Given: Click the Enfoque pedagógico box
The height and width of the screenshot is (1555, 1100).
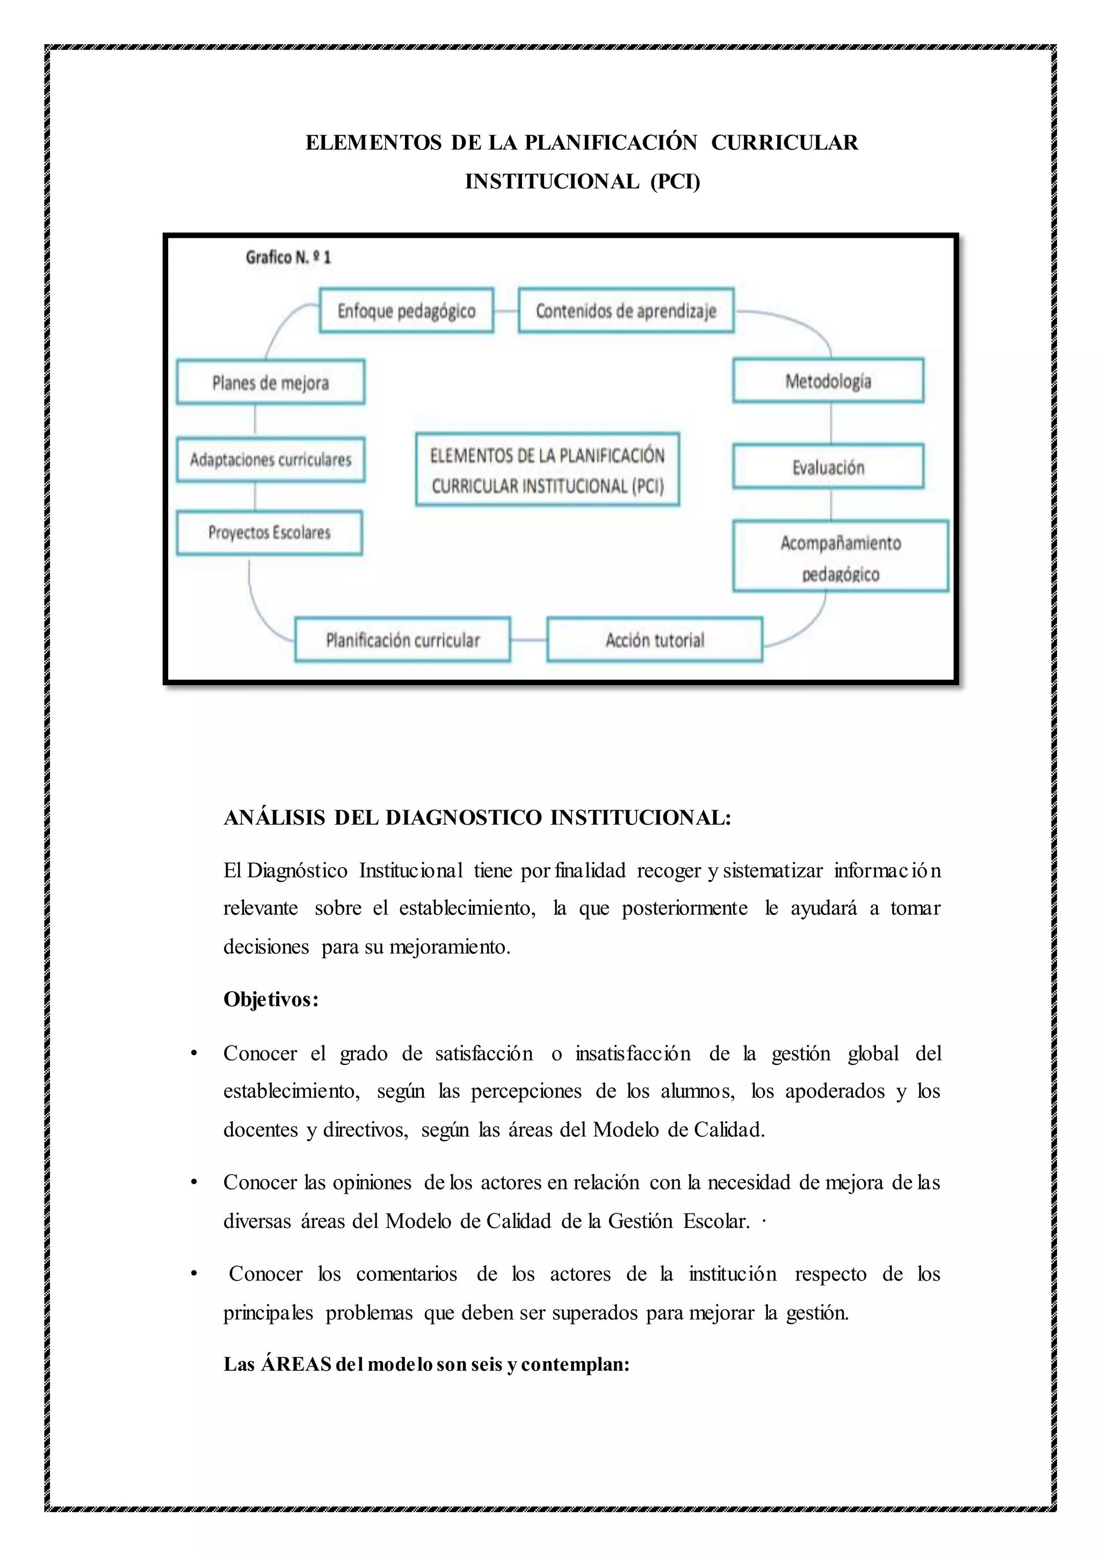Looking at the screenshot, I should pos(407,311).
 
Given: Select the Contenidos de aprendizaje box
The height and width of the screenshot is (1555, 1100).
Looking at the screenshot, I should pos(626,311).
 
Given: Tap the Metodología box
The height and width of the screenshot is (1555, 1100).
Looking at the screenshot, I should pos(828,381).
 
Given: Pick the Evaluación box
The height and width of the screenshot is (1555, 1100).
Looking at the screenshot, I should pos(828,467).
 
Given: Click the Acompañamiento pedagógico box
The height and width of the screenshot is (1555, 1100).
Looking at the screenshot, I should pos(840,557).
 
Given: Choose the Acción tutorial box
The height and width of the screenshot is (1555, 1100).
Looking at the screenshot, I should pos(654,640).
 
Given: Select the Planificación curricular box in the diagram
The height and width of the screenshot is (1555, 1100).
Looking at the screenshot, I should pos(402,640).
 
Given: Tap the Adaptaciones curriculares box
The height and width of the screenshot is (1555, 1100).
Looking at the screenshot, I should pos(270,460).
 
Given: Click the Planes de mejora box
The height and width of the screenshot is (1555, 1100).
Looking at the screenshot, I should pos(270,383).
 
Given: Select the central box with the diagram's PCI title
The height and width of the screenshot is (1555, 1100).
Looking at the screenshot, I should pos(547,470).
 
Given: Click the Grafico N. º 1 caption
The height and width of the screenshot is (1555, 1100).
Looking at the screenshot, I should pos(288,257).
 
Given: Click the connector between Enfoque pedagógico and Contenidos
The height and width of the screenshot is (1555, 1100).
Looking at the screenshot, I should pos(506,311).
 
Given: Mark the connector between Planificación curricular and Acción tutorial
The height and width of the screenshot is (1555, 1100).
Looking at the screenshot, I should pos(529,640).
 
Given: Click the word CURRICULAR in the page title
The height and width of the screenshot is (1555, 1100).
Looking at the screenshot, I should pos(784,143).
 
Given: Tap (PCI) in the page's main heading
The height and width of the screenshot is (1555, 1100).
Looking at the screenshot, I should pos(675,181).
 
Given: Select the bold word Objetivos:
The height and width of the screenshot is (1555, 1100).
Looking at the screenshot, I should pos(271,1000).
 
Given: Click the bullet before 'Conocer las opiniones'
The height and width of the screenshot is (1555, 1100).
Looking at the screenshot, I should pos(194,1182).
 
